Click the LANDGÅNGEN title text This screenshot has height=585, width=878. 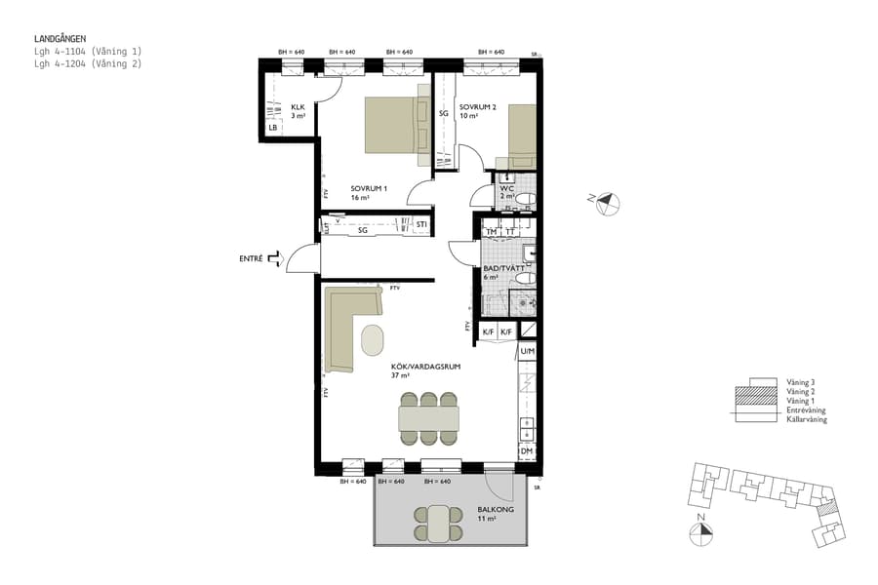pyautogui.click(x=60, y=39)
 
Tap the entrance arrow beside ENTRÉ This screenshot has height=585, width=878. pyautogui.click(x=274, y=258)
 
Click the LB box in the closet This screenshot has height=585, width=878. pyautogui.click(x=273, y=128)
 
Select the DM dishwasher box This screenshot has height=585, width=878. pyautogui.click(x=526, y=450)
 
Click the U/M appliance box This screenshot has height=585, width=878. pyautogui.click(x=527, y=351)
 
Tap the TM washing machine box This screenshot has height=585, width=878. pyautogui.click(x=492, y=232)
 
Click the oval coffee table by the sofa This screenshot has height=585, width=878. pyautogui.click(x=373, y=339)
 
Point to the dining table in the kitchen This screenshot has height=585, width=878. pyautogui.click(x=428, y=418)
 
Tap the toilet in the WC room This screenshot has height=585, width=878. pyautogui.click(x=525, y=200)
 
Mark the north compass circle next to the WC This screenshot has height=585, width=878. pyautogui.click(x=609, y=203)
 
